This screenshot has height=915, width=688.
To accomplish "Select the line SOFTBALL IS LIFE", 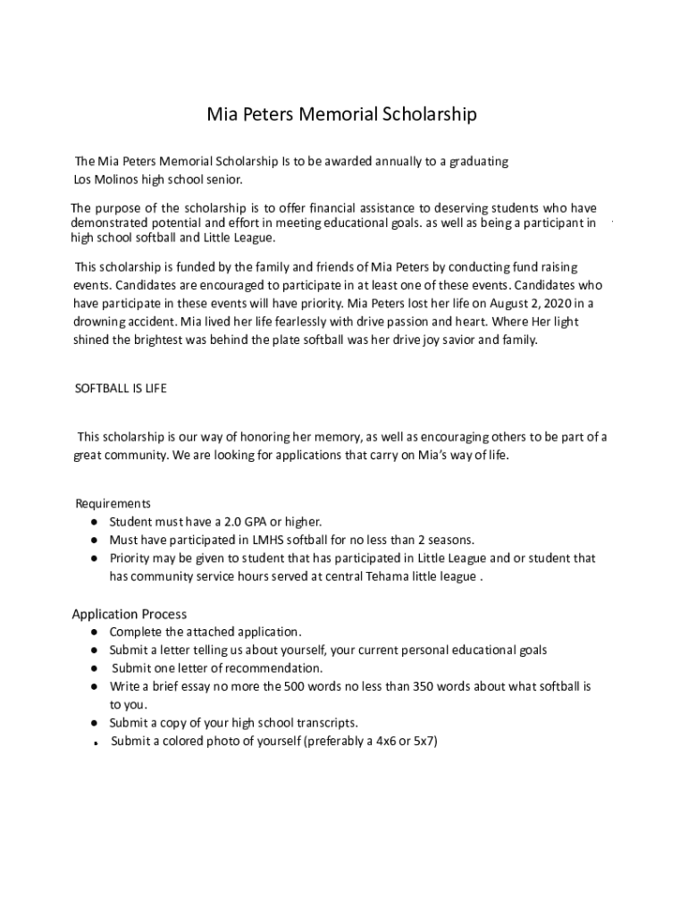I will (120, 389).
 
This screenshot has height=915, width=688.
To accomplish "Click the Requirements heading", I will (113, 503).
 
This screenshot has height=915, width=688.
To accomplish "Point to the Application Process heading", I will (129, 614).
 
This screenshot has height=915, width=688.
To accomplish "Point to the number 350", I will (415, 686).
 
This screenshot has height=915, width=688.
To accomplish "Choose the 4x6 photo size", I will (380, 741).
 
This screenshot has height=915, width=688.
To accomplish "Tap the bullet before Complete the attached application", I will (94, 632).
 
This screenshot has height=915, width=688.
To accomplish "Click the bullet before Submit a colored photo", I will (94, 742).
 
